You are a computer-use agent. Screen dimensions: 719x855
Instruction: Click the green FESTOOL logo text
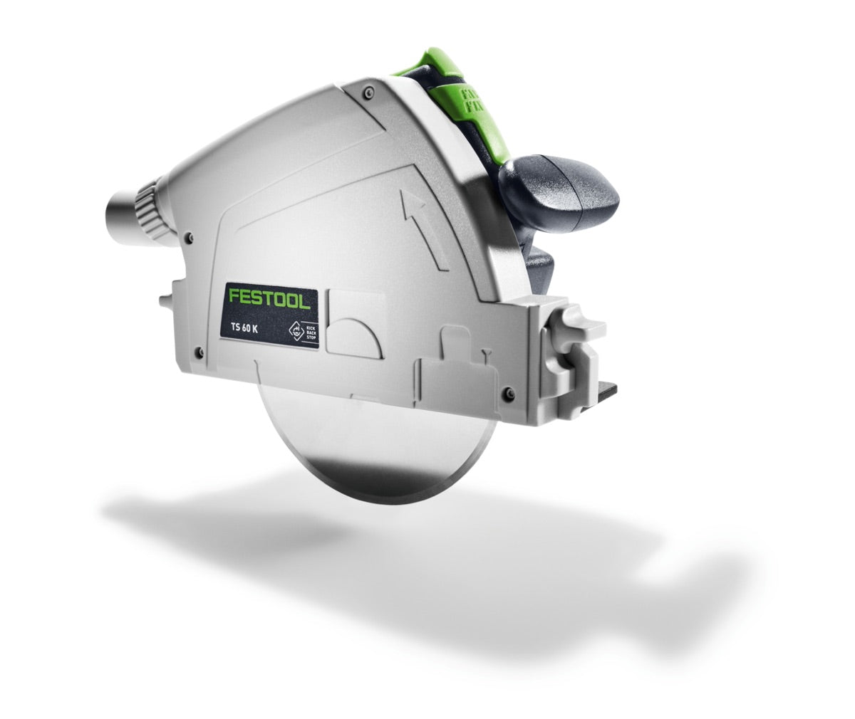coord(269,298)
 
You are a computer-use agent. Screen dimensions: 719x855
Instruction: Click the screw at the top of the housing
coord(368,92)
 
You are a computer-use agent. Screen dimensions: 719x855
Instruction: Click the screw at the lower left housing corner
coord(198,350)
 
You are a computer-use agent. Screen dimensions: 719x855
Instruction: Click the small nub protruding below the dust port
coord(165,301)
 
